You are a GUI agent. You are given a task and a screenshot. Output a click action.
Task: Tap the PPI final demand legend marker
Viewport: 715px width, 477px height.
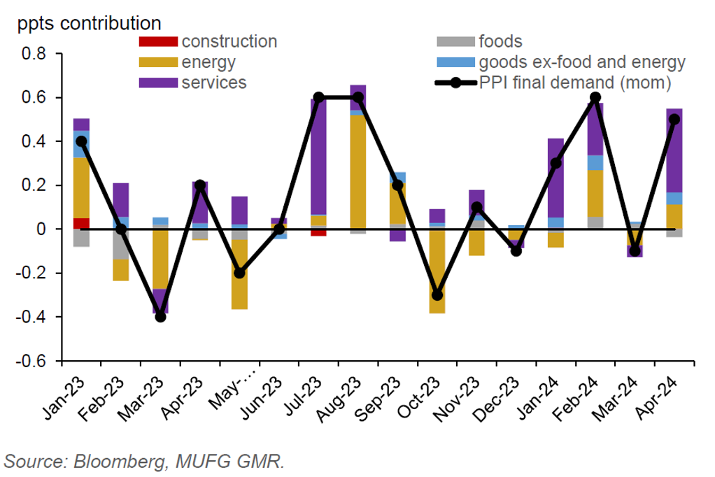click(x=455, y=83)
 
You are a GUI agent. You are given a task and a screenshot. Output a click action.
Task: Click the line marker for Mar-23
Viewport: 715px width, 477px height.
click(x=161, y=317)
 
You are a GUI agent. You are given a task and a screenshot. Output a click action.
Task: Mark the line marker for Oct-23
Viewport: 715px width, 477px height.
click(x=437, y=295)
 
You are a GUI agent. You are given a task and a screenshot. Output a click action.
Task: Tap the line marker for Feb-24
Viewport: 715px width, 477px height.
click(x=595, y=97)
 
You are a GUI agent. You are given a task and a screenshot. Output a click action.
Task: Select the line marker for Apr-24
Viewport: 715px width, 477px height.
click(x=674, y=119)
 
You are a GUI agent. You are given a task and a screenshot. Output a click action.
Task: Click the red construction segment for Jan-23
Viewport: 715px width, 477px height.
click(x=82, y=223)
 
